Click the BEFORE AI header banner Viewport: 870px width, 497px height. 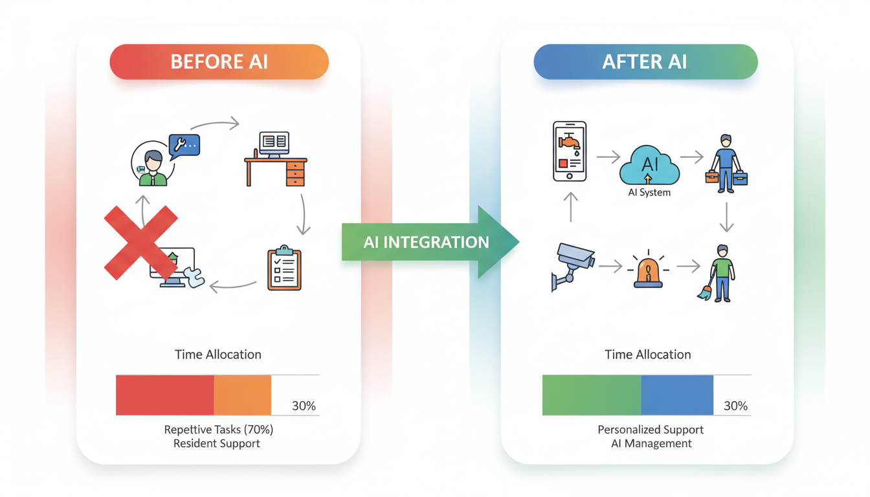pyautogui.click(x=219, y=62)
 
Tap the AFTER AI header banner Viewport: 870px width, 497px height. pyautogui.click(x=645, y=62)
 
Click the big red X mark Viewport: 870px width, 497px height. pyautogui.click(x=141, y=243)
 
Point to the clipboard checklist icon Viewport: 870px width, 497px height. pyautogui.click(x=285, y=268)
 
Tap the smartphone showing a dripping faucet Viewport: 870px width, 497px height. pyautogui.click(x=570, y=151)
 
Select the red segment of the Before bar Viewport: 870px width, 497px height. pyautogui.click(x=165, y=395)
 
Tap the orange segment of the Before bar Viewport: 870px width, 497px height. pyautogui.click(x=242, y=395)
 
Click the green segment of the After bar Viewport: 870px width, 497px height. pyautogui.click(x=592, y=395)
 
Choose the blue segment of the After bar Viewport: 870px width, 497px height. pyautogui.click(x=677, y=395)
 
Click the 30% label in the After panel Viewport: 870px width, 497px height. pyautogui.click(x=735, y=406)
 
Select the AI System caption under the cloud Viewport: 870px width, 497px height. pyautogui.click(x=649, y=192)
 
